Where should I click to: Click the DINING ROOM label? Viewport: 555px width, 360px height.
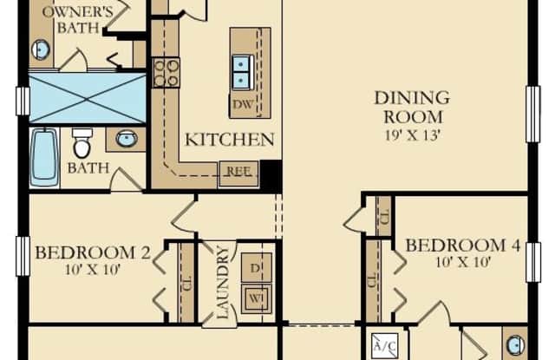coord(413,108)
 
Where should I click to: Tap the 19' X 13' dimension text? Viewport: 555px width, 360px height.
coord(413,134)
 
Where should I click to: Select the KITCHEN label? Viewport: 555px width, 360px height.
coord(230,140)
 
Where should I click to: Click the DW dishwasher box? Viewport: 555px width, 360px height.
coord(244,104)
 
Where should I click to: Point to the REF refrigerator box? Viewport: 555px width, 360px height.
coord(238,173)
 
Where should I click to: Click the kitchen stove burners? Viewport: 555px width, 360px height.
coord(166,73)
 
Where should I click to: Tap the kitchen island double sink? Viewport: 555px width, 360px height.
coord(242,72)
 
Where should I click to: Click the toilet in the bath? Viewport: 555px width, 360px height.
coord(82,143)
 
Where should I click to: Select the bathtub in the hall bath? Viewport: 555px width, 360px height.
coord(44,157)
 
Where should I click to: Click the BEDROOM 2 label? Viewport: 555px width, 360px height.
coord(93,252)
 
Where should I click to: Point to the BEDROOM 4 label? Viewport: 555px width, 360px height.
coord(462,245)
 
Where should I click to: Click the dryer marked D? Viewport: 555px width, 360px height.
coord(257,268)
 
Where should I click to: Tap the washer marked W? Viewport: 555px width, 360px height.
coord(257,298)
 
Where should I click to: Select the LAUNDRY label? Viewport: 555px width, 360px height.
coord(222,282)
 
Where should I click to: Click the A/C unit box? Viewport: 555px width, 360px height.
coord(385,345)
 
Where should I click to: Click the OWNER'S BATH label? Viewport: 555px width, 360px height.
coord(77,19)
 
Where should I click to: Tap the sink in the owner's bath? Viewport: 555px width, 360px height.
coord(42,49)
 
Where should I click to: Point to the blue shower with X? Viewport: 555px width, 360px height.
coord(87,98)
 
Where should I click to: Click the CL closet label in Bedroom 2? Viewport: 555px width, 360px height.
coord(187,283)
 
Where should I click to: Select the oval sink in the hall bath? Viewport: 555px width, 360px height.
coord(127,139)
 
